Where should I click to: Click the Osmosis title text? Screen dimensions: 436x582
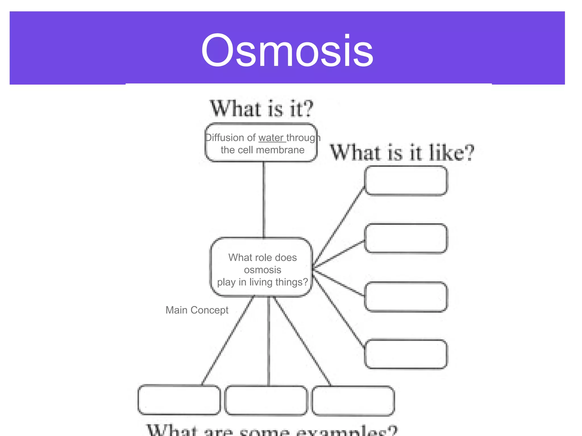coord(287,51)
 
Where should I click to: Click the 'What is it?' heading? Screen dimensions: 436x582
coord(261,109)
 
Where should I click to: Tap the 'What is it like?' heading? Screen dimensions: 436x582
coord(402,153)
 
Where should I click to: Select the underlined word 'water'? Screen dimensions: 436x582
coord(271,138)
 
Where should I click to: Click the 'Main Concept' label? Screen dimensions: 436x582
coord(197,310)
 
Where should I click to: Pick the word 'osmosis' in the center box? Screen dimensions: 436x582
coord(263,270)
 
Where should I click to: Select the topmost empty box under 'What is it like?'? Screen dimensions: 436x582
coord(406,181)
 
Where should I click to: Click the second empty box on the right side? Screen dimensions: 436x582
coord(406,238)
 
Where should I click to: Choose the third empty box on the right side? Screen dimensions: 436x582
coord(406,297)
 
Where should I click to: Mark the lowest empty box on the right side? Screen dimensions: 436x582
coord(406,354)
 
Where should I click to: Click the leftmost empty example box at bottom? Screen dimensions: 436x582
coord(179,400)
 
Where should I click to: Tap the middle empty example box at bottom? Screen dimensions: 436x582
coord(266,400)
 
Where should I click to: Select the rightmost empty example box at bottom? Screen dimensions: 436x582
coord(353,401)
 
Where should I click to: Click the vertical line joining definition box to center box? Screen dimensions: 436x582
coord(264,199)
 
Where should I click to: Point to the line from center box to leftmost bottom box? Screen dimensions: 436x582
coord(227,341)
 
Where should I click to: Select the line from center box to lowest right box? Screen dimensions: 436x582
coord(338,309)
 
